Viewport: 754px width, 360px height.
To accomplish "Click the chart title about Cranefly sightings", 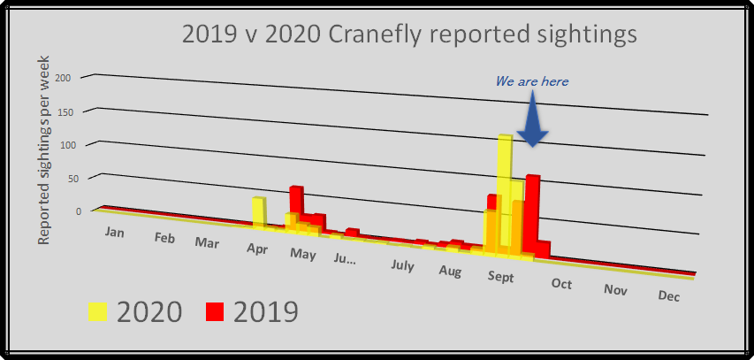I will pyautogui.click(x=408, y=34).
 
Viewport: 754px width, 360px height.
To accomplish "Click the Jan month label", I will pyautogui.click(x=114, y=232).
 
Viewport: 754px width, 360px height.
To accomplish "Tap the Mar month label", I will pyautogui.click(x=208, y=242).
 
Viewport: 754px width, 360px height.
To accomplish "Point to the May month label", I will pyautogui.click(x=302, y=255).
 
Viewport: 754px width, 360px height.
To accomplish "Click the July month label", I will pyautogui.click(x=402, y=264).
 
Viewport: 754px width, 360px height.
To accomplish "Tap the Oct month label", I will pyautogui.click(x=561, y=283).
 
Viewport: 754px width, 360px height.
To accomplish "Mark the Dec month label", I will pyautogui.click(x=669, y=296).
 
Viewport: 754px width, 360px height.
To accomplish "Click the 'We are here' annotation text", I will pyautogui.click(x=531, y=81).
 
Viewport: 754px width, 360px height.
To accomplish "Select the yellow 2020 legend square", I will pyautogui.click(x=98, y=311).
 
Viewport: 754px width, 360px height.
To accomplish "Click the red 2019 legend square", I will pyautogui.click(x=216, y=311).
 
